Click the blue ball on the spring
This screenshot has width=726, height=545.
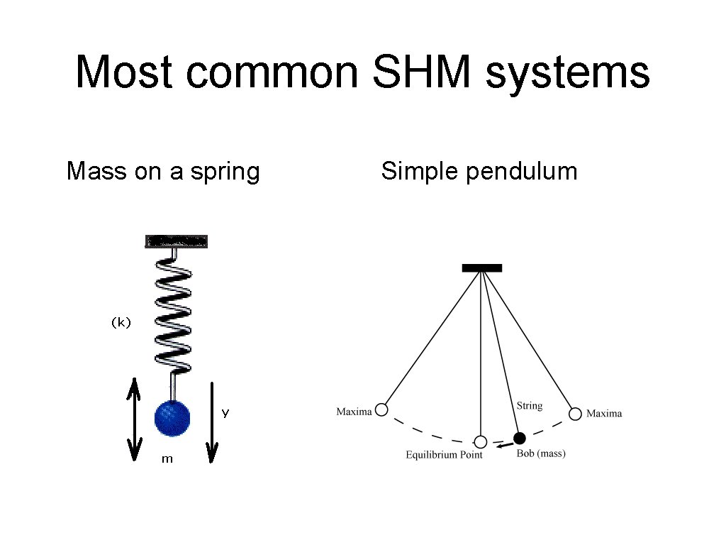coord(172,417)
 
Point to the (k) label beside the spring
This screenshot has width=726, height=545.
coord(121,322)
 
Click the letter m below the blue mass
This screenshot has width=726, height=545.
coord(167,459)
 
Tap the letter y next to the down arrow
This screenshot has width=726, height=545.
coord(225,412)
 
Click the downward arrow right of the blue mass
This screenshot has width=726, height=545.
coord(212,422)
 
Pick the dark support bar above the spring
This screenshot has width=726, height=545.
coord(177,241)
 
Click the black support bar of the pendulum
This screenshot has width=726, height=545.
coord(482,268)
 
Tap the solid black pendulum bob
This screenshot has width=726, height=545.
coord(520,438)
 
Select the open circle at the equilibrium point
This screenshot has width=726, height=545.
coord(481,441)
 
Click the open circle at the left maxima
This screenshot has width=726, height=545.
coord(381,409)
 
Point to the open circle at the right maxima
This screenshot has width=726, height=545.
coord(575,413)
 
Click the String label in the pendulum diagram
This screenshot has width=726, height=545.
coord(529,406)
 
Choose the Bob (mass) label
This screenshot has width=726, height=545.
coord(541,453)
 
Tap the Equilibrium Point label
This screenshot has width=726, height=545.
coord(444,455)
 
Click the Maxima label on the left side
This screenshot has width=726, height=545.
coord(354,412)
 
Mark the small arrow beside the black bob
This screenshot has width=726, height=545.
coord(503,446)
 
